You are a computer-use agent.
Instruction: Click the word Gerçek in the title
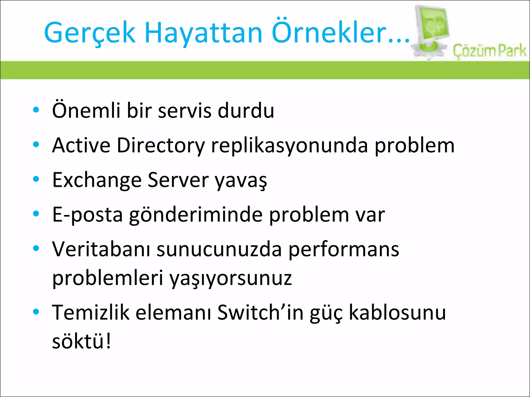click(90, 33)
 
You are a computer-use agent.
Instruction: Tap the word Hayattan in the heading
click(203, 33)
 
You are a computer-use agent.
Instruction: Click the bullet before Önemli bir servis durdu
click(36, 110)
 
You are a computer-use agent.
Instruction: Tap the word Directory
click(161, 146)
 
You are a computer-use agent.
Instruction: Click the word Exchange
click(97, 180)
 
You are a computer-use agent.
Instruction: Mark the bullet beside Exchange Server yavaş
click(36, 179)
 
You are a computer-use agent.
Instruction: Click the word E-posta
click(87, 215)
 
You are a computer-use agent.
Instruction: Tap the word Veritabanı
click(101, 249)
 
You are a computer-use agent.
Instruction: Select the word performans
click(344, 250)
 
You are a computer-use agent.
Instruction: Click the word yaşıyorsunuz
click(231, 279)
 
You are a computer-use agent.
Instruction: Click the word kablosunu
click(397, 312)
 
